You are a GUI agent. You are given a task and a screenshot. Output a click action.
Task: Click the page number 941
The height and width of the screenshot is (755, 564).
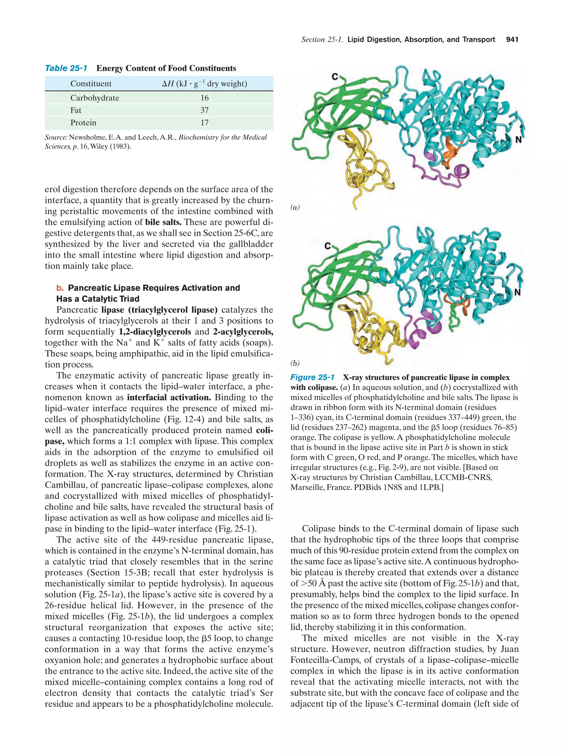pyautogui.click(x=512, y=40)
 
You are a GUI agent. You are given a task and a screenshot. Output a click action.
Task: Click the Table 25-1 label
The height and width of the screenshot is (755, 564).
pyautogui.click(x=66, y=68)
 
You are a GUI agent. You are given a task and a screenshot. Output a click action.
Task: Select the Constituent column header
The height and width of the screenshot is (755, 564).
pyautogui.click(x=91, y=84)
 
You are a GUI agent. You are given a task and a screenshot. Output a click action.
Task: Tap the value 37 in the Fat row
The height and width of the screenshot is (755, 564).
pyautogui.click(x=204, y=110)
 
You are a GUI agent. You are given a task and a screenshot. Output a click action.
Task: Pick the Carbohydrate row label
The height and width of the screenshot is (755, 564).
pyautogui.click(x=94, y=98)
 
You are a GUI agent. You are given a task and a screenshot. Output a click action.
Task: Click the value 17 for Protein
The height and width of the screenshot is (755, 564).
pyautogui.click(x=204, y=123)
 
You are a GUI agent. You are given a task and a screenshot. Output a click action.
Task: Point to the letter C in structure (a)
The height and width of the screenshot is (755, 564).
pyautogui.click(x=335, y=77)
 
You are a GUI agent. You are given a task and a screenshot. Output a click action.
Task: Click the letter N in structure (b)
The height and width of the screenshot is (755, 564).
pyautogui.click(x=517, y=292)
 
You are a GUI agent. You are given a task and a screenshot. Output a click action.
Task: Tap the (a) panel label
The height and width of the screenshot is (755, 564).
pyautogui.click(x=295, y=207)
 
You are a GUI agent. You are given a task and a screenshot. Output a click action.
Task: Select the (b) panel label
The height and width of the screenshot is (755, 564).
pyautogui.click(x=295, y=363)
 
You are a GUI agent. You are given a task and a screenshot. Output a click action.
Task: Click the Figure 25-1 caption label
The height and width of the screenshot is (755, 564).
pyautogui.click(x=312, y=377)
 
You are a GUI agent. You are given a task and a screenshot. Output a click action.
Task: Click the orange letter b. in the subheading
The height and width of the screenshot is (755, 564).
pyautogui.click(x=60, y=288)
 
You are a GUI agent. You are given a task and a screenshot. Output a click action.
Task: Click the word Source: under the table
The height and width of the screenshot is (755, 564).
pyautogui.click(x=56, y=137)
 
